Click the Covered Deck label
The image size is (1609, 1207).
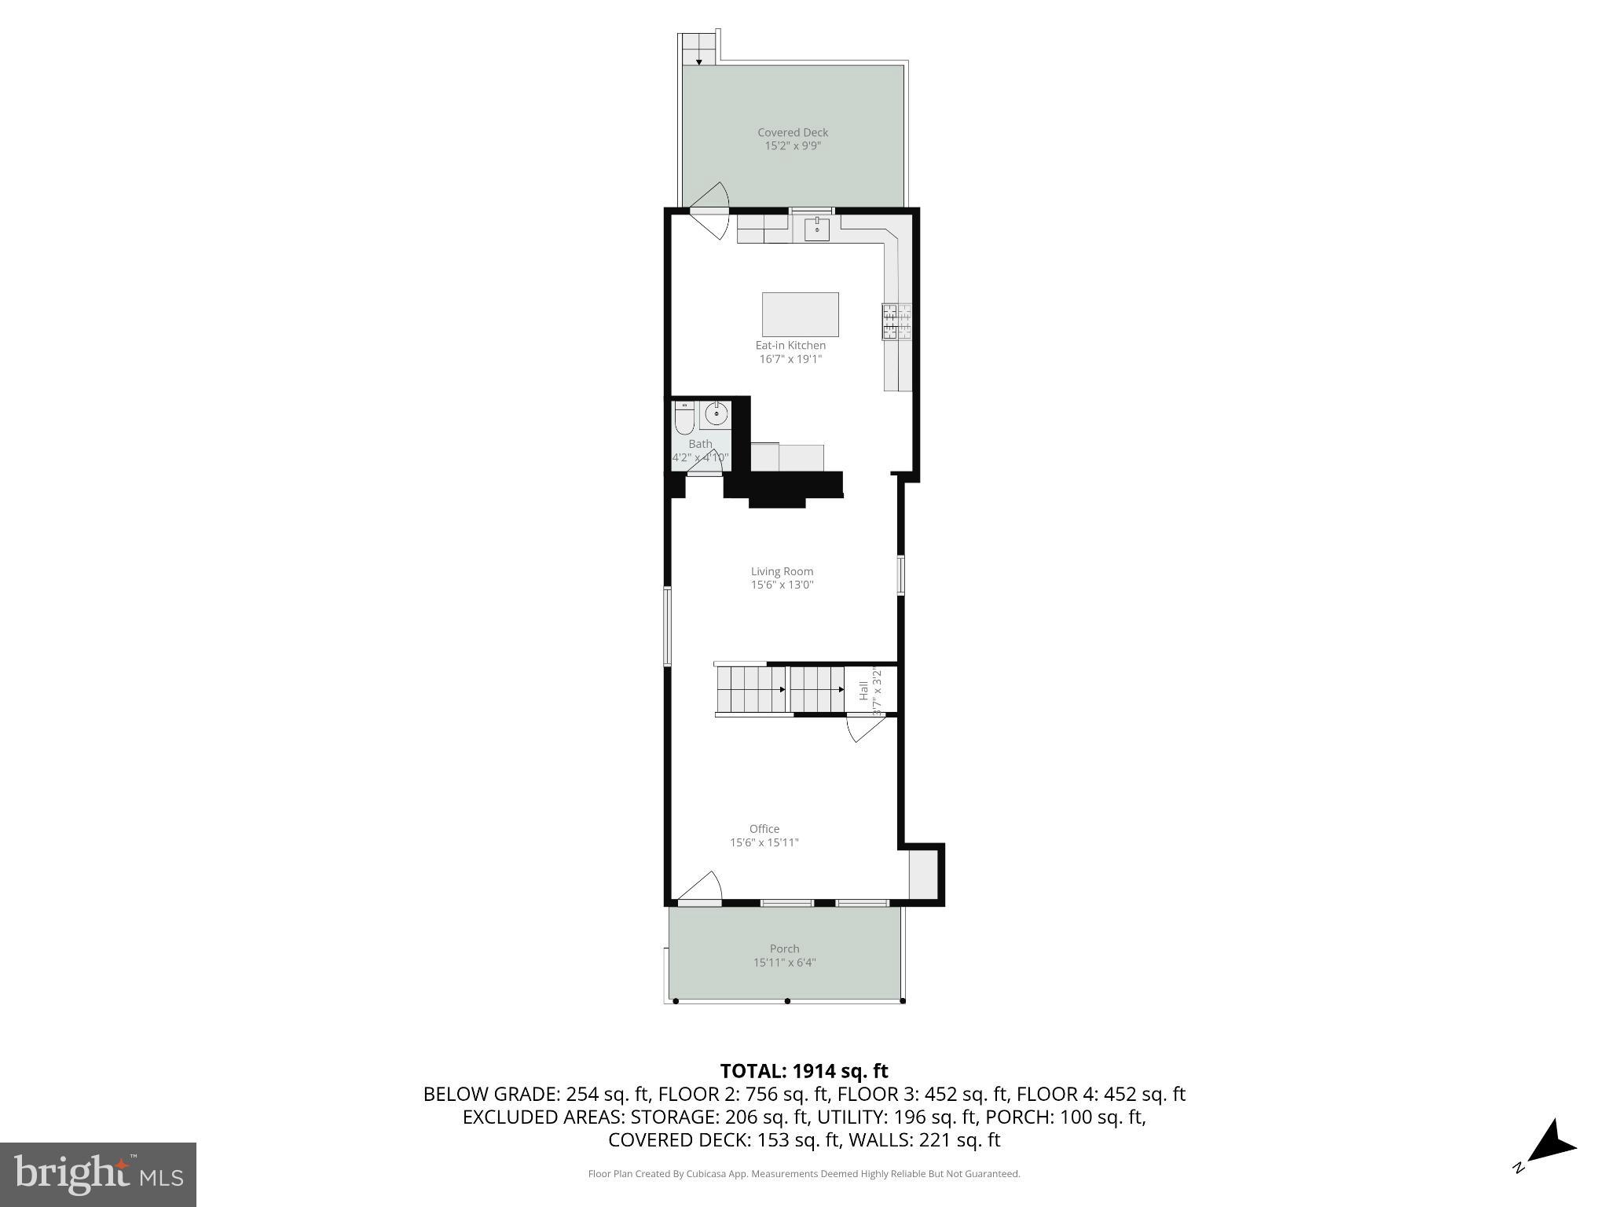coord(792,133)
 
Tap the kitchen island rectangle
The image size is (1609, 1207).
coord(800,314)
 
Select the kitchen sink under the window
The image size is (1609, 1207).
coord(816,229)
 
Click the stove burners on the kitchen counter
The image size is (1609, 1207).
coord(897,322)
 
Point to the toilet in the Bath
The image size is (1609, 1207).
coord(684,419)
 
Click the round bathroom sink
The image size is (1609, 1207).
coord(716,413)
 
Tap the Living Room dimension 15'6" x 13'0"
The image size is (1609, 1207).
coord(782,585)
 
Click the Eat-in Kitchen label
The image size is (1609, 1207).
coord(790,345)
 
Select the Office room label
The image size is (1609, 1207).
coord(764,828)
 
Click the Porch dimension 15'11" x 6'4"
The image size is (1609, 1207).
coord(784,962)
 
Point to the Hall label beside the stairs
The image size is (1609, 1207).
coord(863,691)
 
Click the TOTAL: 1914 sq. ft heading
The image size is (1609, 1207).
coord(804,1070)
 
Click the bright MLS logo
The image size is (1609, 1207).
coord(97,1174)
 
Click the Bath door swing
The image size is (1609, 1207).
coord(706,463)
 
